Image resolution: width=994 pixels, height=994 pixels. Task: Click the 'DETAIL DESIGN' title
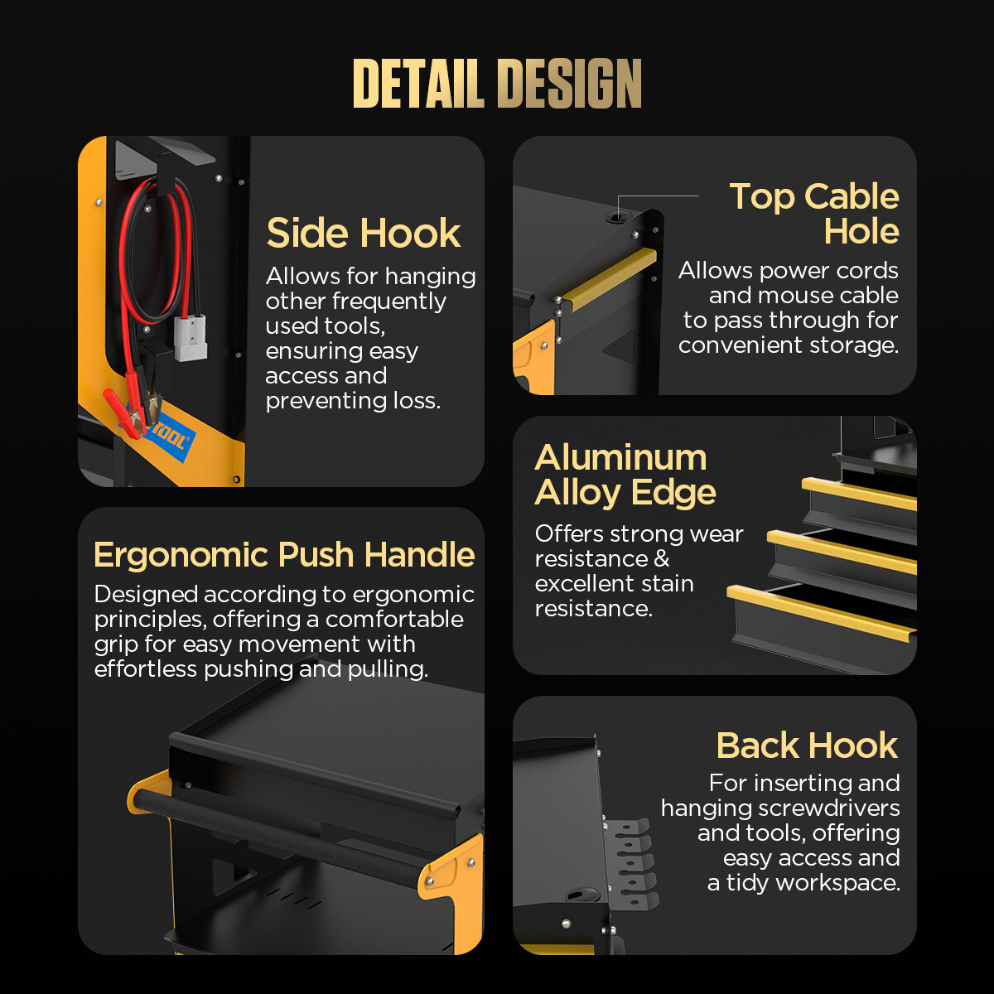click(x=497, y=83)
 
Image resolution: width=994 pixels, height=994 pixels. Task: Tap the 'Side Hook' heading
click(x=363, y=233)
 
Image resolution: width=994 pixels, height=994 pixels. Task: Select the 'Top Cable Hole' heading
click(x=814, y=214)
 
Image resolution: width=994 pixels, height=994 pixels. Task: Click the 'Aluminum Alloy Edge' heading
click(x=625, y=475)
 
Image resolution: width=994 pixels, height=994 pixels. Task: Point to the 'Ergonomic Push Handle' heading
click(x=284, y=555)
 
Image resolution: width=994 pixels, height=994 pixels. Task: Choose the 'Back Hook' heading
click(x=808, y=745)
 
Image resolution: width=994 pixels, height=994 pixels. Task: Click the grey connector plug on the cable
click(x=191, y=338)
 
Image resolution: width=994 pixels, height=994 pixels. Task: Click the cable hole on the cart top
click(x=617, y=217)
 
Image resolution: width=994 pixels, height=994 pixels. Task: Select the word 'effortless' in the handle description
click(x=146, y=669)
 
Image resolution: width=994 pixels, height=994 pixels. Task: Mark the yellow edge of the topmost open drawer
click(x=859, y=494)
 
